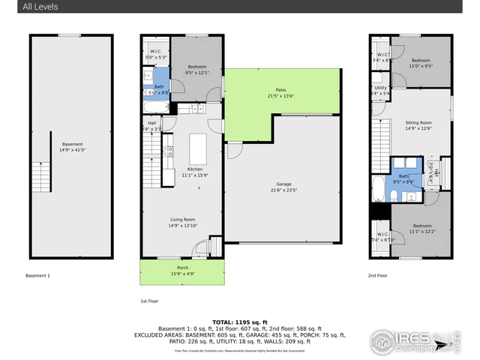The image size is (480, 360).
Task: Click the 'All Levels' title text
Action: [x=40, y=7]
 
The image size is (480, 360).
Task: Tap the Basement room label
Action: [x=73, y=144]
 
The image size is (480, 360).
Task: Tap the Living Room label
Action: [x=181, y=220]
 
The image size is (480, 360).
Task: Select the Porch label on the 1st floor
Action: [x=182, y=268]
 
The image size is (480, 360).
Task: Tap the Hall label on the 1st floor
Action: [x=152, y=123]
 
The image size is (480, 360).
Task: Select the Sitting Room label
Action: [x=418, y=122]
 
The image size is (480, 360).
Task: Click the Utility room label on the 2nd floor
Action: [x=381, y=88]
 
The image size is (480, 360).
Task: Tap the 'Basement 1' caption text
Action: [x=37, y=276]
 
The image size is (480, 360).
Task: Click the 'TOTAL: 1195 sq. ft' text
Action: [x=239, y=321]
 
